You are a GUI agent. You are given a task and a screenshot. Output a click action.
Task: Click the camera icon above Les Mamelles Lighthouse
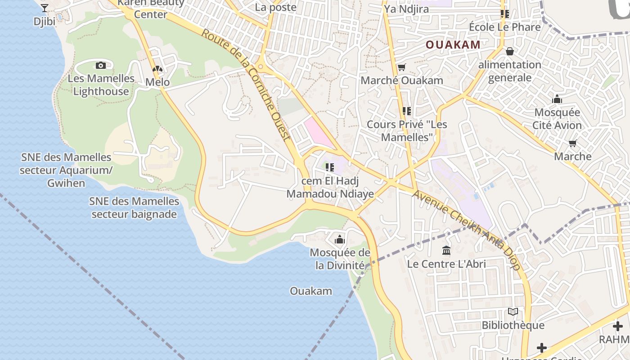point(101,65)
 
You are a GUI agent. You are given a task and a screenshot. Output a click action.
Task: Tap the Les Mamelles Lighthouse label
point(101,85)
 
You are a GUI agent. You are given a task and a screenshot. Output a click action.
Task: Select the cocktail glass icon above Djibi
point(45,8)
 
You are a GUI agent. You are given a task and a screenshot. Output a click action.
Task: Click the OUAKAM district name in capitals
point(453,45)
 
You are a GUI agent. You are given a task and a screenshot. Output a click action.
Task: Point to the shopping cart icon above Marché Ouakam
point(401,67)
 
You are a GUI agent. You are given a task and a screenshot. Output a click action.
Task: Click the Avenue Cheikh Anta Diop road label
point(466,230)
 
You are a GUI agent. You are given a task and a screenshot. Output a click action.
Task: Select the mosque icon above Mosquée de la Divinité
point(340,239)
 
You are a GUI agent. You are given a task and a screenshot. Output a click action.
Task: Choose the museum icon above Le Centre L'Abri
point(446,250)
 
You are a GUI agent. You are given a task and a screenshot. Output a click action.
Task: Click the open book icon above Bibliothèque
point(513,311)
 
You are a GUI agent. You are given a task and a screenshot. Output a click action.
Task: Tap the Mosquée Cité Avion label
point(557,119)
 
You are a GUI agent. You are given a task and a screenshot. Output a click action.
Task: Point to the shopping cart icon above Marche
point(572,143)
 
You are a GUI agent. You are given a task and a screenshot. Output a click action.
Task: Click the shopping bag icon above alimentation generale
point(509,51)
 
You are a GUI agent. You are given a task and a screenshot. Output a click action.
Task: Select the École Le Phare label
point(504,27)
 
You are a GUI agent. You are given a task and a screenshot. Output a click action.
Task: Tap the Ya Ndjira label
point(406,9)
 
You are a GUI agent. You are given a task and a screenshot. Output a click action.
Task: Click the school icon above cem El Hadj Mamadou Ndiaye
point(330,167)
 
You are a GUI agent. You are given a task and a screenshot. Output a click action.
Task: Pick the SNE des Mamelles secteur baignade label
point(134,207)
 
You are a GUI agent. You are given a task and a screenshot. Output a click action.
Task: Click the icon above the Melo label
point(157,69)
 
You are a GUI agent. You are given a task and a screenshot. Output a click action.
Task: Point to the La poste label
point(275,7)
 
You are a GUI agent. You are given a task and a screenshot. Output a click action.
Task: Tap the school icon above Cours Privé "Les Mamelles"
point(407,111)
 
